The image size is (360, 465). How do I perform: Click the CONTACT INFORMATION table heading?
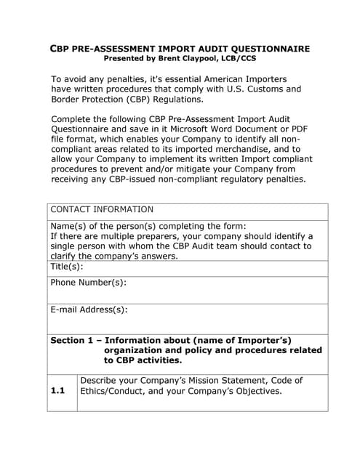[x=102, y=209]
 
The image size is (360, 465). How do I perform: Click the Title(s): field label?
[x=67, y=267]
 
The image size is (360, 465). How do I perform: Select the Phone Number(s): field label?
[x=88, y=283]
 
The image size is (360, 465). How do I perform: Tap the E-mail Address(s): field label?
[x=89, y=310]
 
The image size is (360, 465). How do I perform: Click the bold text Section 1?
[x=72, y=340]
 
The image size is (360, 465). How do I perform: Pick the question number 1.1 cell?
[x=58, y=391]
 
